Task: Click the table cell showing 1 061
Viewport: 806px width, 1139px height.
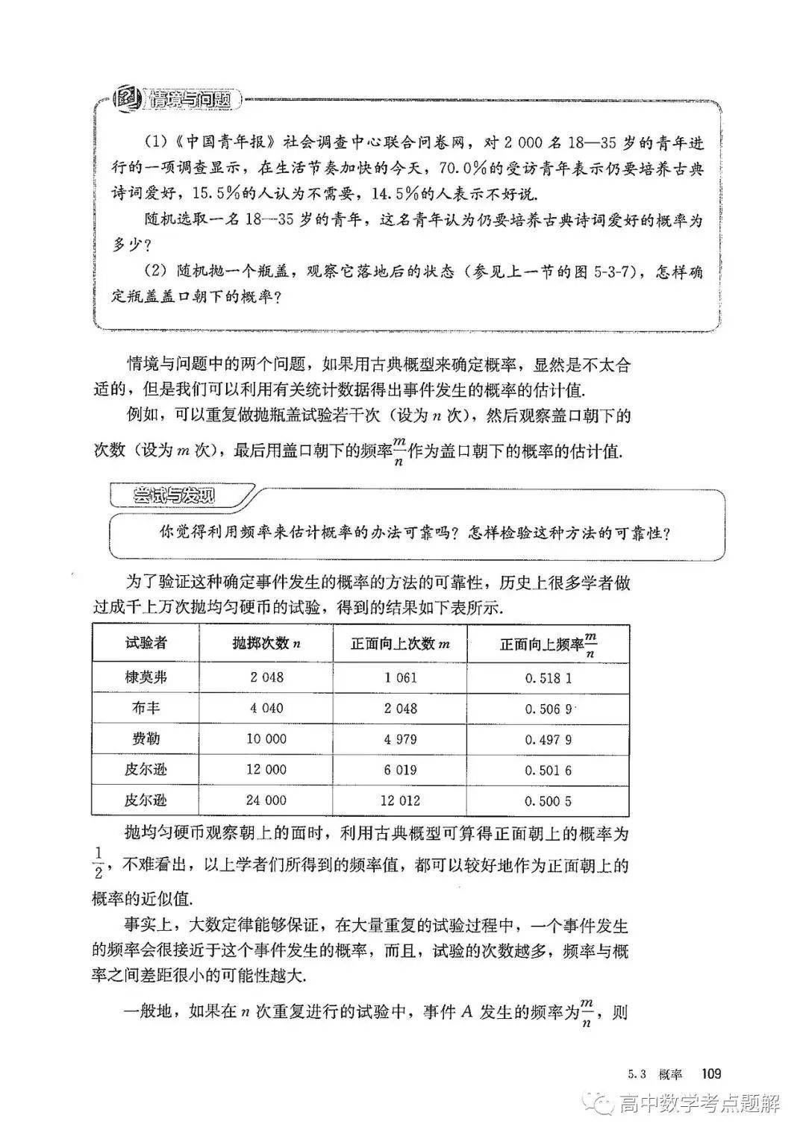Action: (x=401, y=677)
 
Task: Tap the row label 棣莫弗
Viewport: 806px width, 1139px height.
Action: (x=146, y=677)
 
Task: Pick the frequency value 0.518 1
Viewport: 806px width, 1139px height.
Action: (x=549, y=678)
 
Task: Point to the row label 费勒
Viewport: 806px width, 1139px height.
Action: (x=146, y=739)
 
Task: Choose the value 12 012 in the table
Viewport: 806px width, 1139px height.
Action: (x=401, y=800)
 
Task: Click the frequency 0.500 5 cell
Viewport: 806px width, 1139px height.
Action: (x=549, y=801)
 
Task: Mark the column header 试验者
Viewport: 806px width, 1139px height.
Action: (x=146, y=644)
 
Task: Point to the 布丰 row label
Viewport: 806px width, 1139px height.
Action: (x=146, y=708)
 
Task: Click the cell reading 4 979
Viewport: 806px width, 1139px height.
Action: (x=401, y=739)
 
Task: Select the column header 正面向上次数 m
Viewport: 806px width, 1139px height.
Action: (x=401, y=644)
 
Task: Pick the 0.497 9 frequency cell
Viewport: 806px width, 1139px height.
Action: (x=549, y=740)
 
